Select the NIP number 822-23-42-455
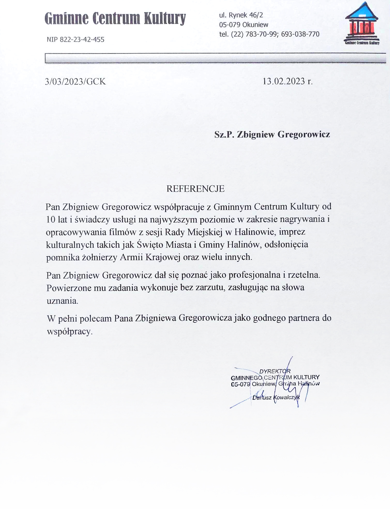(x=82, y=40)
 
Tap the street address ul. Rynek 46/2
(x=241, y=15)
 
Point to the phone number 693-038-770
(x=300, y=34)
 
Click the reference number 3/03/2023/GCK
(x=75, y=82)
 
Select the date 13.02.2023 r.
(x=287, y=81)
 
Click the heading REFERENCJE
(x=195, y=189)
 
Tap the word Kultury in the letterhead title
(x=165, y=19)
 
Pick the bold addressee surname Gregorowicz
(x=304, y=134)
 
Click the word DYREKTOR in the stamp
(x=275, y=371)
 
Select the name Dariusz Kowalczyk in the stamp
(x=276, y=397)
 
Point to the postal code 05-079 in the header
(x=230, y=25)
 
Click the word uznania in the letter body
(x=62, y=301)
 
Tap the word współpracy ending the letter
(x=70, y=331)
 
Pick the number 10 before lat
(x=51, y=219)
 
